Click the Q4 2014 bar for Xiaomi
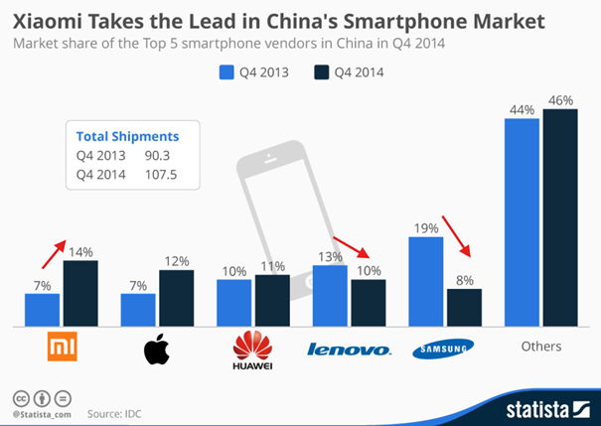click(80, 293)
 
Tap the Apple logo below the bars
click(156, 349)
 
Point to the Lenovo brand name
click(350, 349)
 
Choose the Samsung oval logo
click(444, 348)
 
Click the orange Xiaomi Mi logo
click(63, 348)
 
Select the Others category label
click(541, 347)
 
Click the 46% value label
click(561, 100)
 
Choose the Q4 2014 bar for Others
click(560, 217)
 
